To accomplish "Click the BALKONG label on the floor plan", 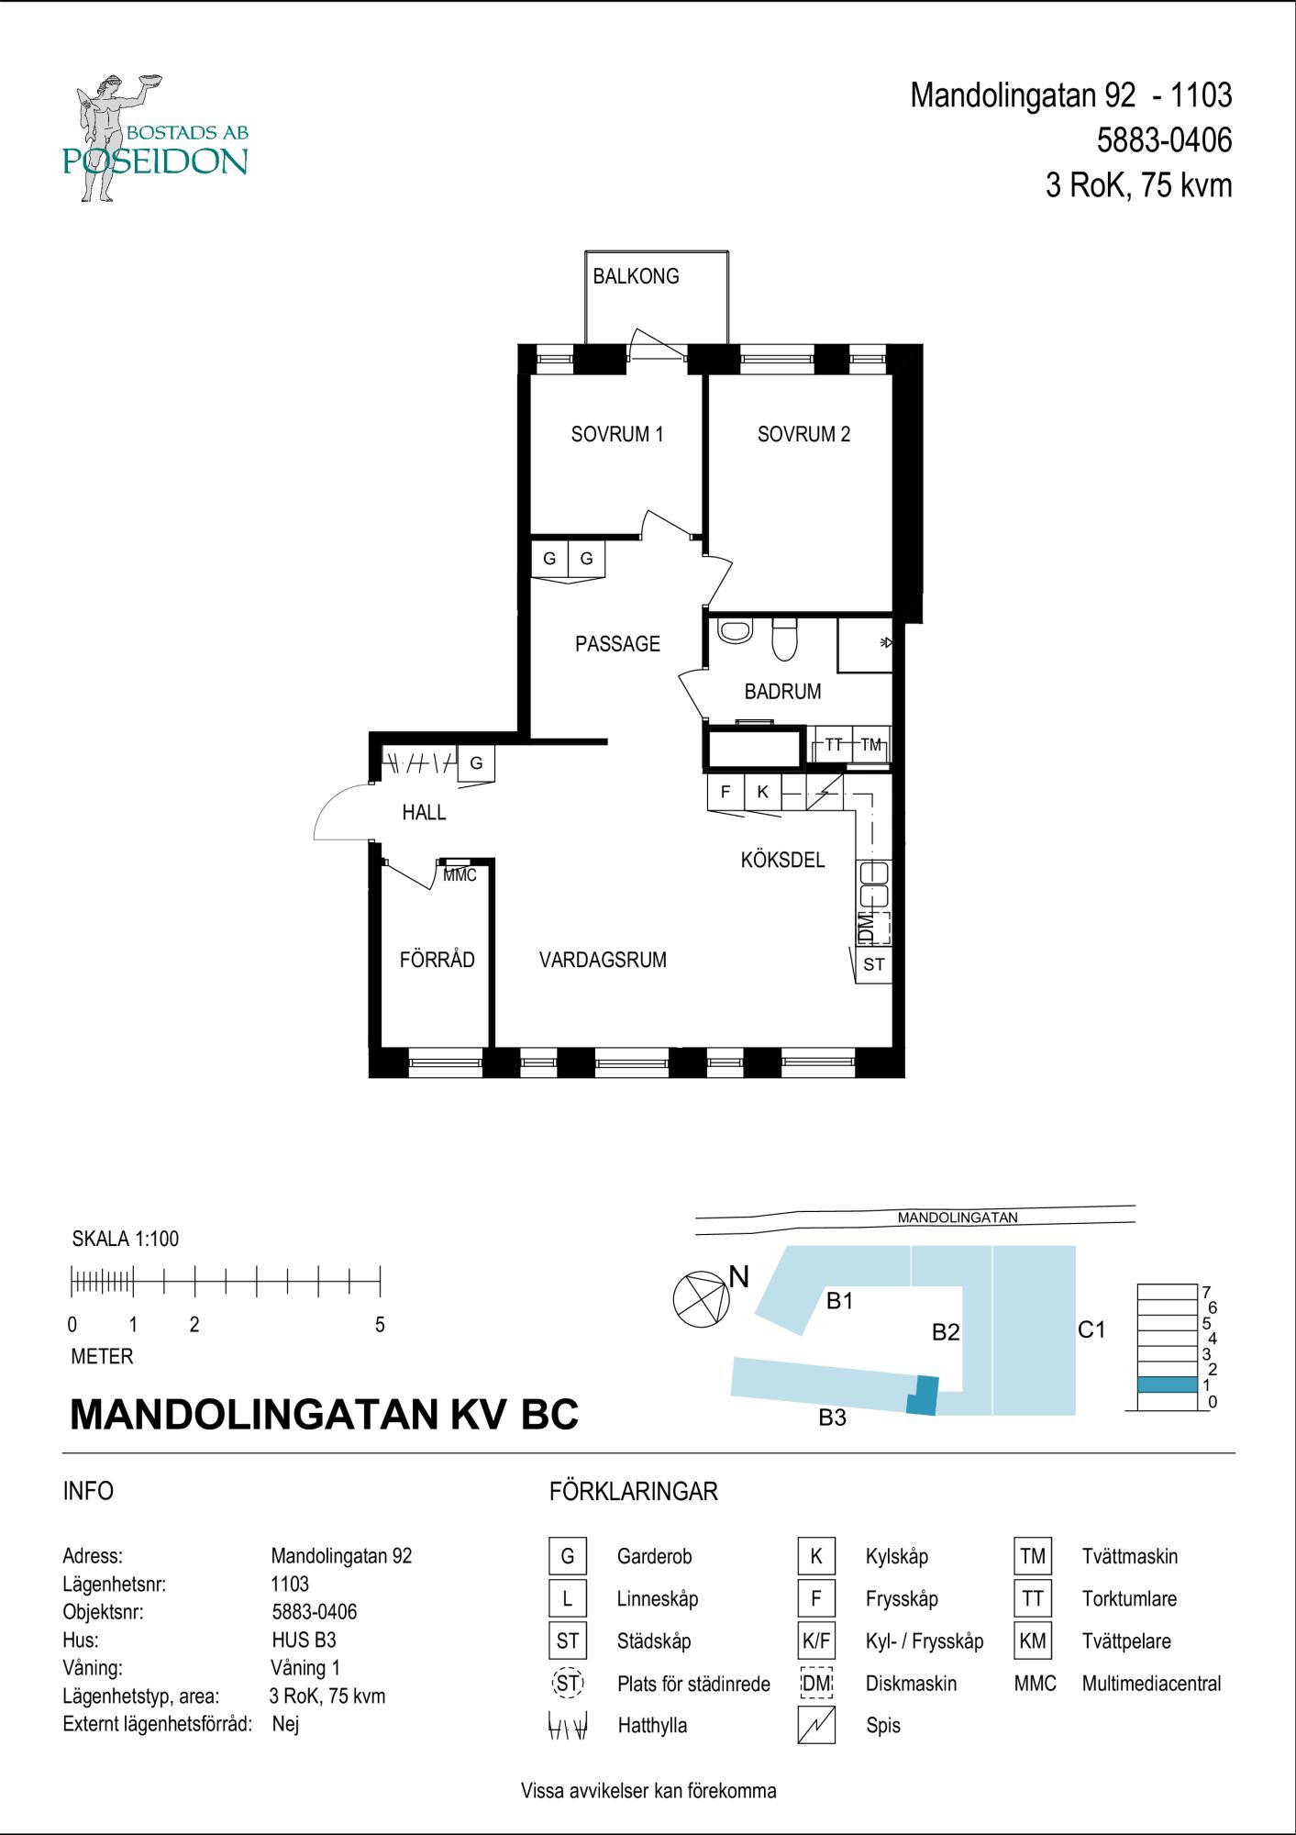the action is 636,276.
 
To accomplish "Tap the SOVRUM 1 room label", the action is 616,435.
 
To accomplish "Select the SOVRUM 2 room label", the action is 803,435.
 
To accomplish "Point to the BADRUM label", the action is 782,692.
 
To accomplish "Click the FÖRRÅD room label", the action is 438,960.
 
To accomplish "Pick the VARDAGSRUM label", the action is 603,961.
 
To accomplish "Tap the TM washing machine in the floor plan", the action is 870,745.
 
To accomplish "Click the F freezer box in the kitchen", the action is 726,793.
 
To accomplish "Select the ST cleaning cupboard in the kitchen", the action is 873,964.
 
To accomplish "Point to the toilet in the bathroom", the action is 785,639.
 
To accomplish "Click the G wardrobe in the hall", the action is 476,763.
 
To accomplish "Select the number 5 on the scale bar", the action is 380,1325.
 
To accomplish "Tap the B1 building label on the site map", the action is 840,1301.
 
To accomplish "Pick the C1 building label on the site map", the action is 1091,1329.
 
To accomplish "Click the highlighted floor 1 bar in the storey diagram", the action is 1167,1385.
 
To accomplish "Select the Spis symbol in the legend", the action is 816,1725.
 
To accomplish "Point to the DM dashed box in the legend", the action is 816,1683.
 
